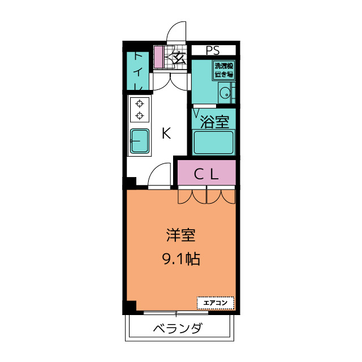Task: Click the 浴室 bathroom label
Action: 215,122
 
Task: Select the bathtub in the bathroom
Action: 214,143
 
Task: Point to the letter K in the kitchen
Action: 166,133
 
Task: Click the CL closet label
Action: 206,175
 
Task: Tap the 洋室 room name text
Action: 180,235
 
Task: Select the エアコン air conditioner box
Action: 215,303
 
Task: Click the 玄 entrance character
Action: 179,57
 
